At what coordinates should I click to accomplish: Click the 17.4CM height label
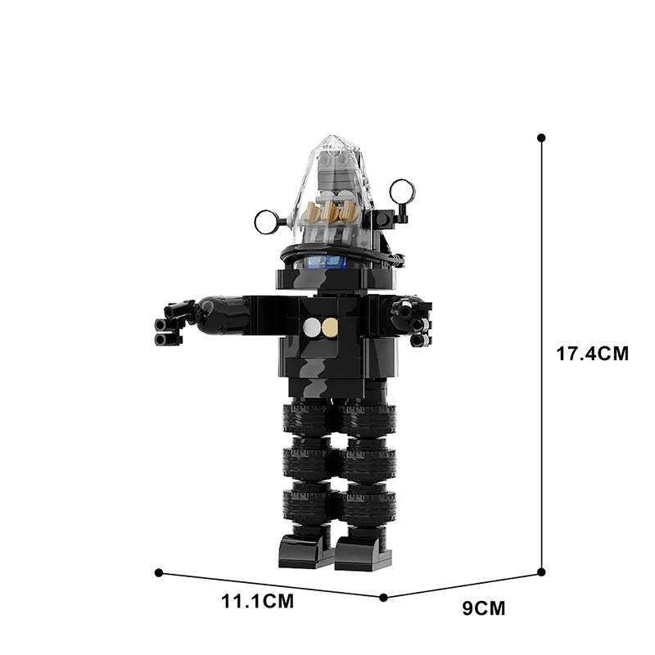pyautogui.click(x=591, y=355)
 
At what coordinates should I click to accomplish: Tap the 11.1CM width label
pyautogui.click(x=257, y=603)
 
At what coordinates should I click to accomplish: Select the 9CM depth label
pyautogui.click(x=484, y=608)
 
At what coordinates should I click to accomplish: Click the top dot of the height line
pyautogui.click(x=540, y=138)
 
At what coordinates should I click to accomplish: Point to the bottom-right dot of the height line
pyautogui.click(x=540, y=572)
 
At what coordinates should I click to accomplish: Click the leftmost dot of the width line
pyautogui.click(x=159, y=572)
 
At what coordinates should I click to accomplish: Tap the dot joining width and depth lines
pyautogui.click(x=383, y=598)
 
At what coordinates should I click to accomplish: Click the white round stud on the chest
pyautogui.click(x=312, y=327)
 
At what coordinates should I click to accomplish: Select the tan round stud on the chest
pyautogui.click(x=330, y=327)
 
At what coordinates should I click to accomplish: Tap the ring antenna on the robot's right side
pyautogui.click(x=401, y=192)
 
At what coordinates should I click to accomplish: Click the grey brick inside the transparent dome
pyautogui.click(x=336, y=176)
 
